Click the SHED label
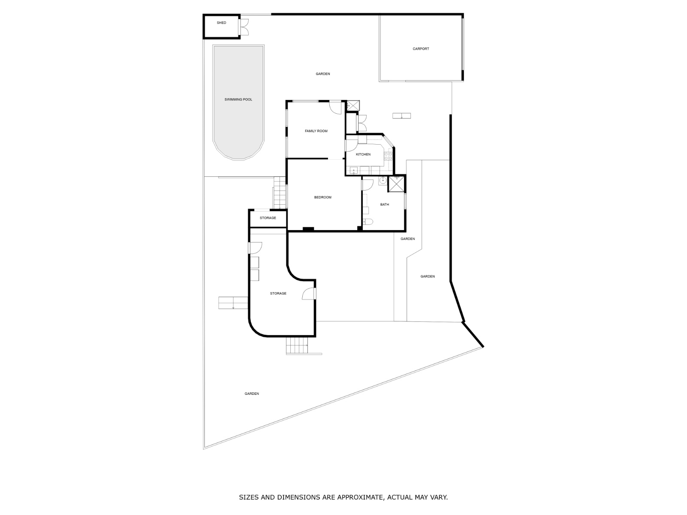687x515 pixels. click(x=221, y=22)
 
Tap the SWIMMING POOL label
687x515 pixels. click(x=238, y=100)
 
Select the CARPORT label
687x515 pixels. click(x=421, y=49)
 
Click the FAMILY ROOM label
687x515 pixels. click(x=316, y=131)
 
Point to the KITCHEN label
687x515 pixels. click(x=363, y=154)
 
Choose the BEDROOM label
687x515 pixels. click(x=323, y=197)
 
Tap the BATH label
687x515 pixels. click(x=384, y=205)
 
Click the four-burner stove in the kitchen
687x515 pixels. click(x=388, y=156)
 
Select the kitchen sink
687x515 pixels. click(x=354, y=171)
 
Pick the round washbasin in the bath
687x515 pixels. click(x=383, y=180)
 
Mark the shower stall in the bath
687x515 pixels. click(x=397, y=184)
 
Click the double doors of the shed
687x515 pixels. click(x=244, y=27)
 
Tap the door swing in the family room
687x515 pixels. click(x=335, y=108)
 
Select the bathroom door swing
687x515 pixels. click(x=368, y=185)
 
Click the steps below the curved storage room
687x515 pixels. click(x=297, y=345)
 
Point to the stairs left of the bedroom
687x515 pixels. click(x=280, y=193)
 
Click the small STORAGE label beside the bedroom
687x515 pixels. click(x=268, y=218)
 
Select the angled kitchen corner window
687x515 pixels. click(x=389, y=141)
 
